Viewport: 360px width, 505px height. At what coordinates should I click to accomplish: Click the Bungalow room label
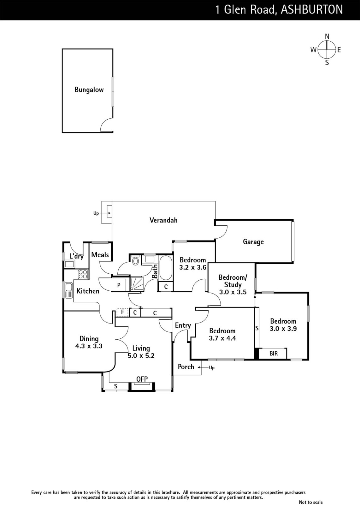click(89, 90)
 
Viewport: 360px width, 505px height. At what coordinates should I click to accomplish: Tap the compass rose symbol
click(327, 49)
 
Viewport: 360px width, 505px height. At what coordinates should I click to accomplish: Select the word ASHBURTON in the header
click(312, 9)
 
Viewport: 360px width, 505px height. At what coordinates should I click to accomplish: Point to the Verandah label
click(163, 220)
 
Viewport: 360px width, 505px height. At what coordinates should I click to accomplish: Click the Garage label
click(253, 242)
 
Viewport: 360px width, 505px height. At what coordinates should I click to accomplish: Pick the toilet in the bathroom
click(135, 261)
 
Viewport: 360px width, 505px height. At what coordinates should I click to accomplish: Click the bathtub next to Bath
click(165, 268)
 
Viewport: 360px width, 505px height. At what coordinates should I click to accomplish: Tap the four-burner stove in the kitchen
click(83, 274)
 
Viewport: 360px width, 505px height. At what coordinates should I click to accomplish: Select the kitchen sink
click(68, 290)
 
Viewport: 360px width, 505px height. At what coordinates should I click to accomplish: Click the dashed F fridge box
click(122, 312)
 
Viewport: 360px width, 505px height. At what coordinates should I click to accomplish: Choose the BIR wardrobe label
click(274, 353)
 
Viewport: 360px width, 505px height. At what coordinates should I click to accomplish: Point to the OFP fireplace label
click(142, 379)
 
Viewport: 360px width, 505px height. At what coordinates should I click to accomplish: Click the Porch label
click(186, 367)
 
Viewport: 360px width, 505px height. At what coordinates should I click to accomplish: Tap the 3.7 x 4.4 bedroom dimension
click(222, 338)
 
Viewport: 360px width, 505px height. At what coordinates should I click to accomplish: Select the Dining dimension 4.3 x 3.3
click(89, 346)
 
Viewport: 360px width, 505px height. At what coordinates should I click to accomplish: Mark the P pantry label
click(119, 285)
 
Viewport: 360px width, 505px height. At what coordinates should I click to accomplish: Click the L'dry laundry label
click(76, 257)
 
